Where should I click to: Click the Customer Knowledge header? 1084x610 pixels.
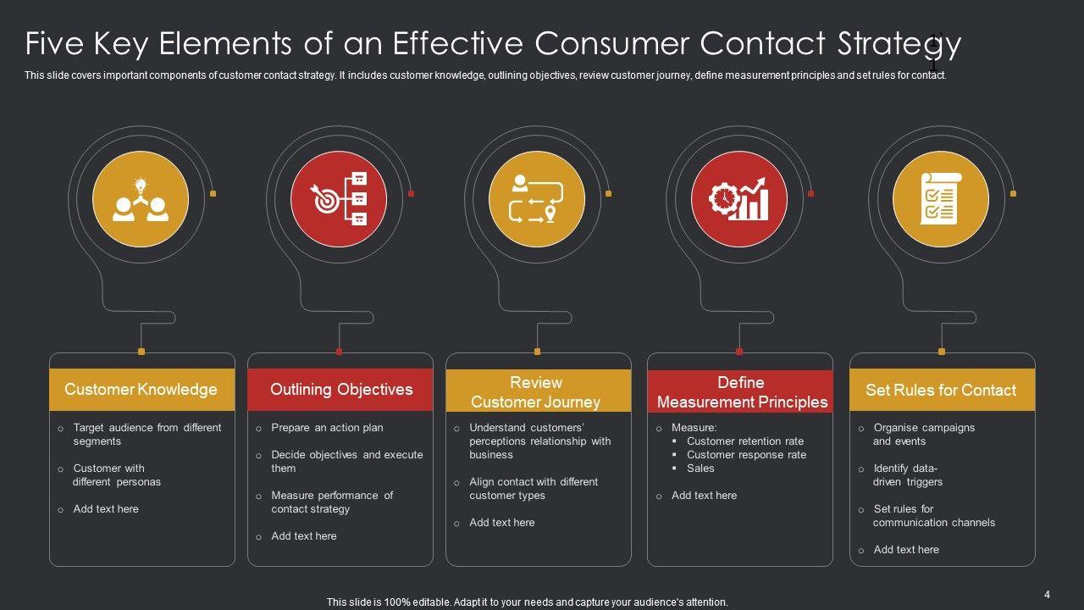pyautogui.click(x=141, y=390)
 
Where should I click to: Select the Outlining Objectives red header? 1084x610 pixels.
pyautogui.click(x=340, y=390)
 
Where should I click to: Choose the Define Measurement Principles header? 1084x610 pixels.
pyautogui.click(x=740, y=391)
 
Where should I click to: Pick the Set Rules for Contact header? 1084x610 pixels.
pyautogui.click(x=941, y=390)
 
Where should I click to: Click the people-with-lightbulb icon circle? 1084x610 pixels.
pyautogui.click(x=141, y=200)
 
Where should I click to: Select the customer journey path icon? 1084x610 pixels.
pyautogui.click(x=537, y=200)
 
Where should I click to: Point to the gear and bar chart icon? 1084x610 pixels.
pyautogui.click(x=739, y=200)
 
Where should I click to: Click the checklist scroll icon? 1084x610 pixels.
pyautogui.click(x=940, y=200)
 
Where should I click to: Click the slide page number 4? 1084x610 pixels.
pyautogui.click(x=1047, y=595)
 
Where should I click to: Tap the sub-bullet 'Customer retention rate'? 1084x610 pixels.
pyautogui.click(x=745, y=441)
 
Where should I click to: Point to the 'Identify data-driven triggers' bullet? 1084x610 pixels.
pyautogui.click(x=908, y=475)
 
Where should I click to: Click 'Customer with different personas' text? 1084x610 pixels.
pyautogui.click(x=116, y=475)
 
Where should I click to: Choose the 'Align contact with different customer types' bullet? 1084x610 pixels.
pyautogui.click(x=533, y=489)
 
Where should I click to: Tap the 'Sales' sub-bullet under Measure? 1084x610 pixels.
pyautogui.click(x=700, y=469)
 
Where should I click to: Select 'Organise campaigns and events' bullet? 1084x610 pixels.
pyautogui.click(x=924, y=435)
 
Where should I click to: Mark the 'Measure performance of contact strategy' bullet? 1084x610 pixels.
pyautogui.click(x=331, y=502)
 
